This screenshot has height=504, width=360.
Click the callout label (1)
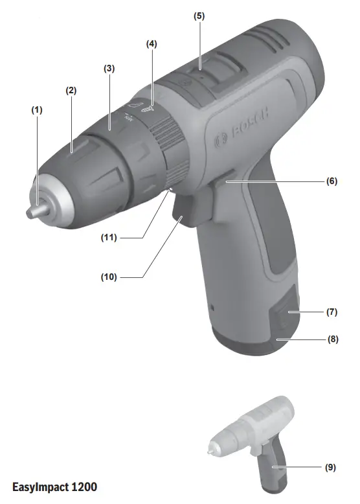pos(37,110)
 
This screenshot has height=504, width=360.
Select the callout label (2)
pos(71,91)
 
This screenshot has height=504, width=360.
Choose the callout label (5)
pos(199,14)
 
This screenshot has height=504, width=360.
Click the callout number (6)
pos(331,182)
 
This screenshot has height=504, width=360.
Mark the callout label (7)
pos(331,312)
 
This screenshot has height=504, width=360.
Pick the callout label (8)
pos(331,338)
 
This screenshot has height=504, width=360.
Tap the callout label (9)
pos(331,466)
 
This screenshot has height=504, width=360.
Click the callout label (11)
pos(108,238)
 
